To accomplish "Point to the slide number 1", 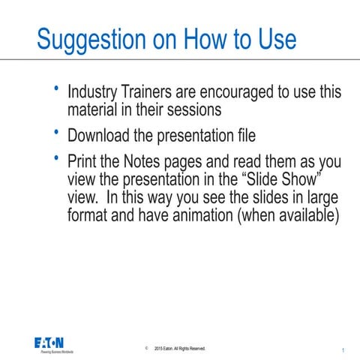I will pos(342,350).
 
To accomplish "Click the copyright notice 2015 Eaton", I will pos(179,349).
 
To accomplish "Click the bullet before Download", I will pos(55,133).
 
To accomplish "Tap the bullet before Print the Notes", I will pos(55,158).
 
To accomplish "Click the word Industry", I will pos(94,93).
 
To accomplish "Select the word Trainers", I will pos(149,93).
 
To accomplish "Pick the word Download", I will pos(101,136).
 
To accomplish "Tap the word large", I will pos(322,196).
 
